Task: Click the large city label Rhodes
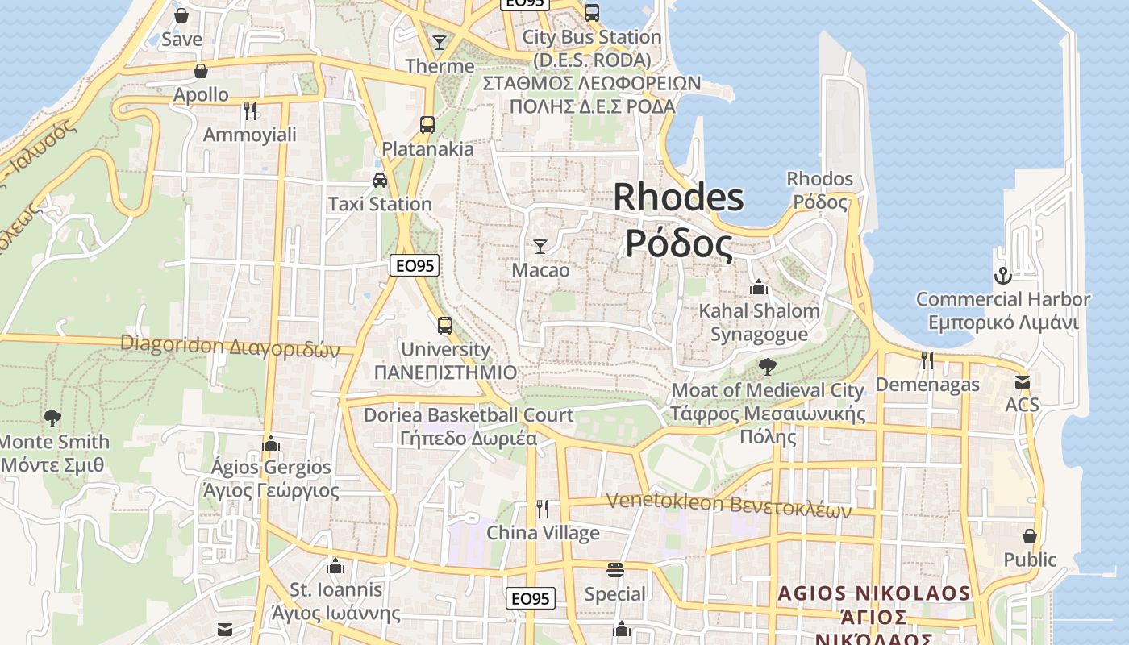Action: pyautogui.click(x=678, y=198)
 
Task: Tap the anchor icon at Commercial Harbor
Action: pyautogui.click(x=1002, y=276)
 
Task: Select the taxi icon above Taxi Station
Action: pyautogui.click(x=380, y=180)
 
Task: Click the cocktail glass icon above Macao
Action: pyautogui.click(x=540, y=246)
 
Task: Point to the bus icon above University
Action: pyautogui.click(x=445, y=326)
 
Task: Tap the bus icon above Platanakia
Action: pyautogui.click(x=427, y=125)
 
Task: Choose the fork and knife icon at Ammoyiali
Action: pyautogui.click(x=250, y=110)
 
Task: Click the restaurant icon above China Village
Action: pyautogui.click(x=543, y=508)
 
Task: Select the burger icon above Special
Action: pyautogui.click(x=615, y=570)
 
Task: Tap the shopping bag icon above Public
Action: pyautogui.click(x=1029, y=535)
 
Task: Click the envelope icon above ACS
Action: pyautogui.click(x=1023, y=381)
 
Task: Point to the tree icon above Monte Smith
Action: pyautogui.click(x=52, y=418)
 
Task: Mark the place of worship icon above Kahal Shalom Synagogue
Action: pyautogui.click(x=758, y=287)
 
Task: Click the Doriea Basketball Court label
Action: pyautogui.click(x=469, y=416)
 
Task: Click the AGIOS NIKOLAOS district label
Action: pyautogui.click(x=874, y=594)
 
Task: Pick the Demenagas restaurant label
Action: pyautogui.click(x=927, y=385)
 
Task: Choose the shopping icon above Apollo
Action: pyautogui.click(x=201, y=71)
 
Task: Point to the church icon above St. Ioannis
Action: pyautogui.click(x=335, y=566)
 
